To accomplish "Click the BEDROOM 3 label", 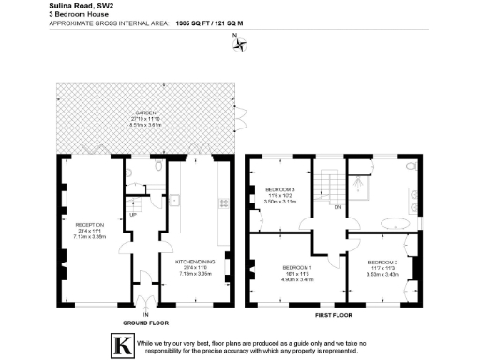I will point(280,189).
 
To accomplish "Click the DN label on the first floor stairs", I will point(337,206).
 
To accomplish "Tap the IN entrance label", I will point(145,313).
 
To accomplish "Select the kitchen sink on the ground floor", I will point(175,200).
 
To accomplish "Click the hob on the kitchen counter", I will point(222,202).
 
